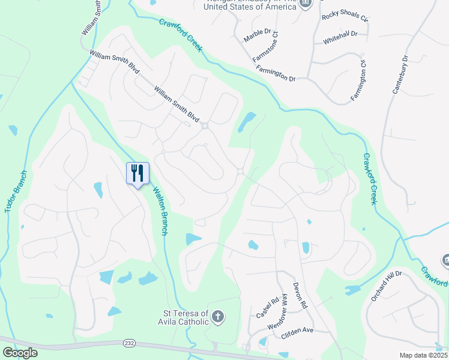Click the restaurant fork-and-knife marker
coord(137,173)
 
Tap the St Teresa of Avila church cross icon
coord(218,316)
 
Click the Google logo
coord(20,353)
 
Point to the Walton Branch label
coord(160,211)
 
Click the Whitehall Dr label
coord(340,35)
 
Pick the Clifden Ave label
coord(297,331)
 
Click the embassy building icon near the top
coord(306,3)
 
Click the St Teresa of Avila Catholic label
coord(186,317)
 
